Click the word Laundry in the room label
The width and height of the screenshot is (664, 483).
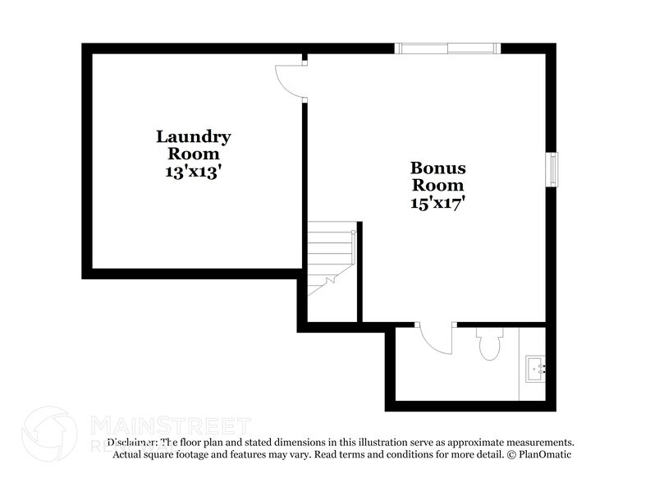pos(194,137)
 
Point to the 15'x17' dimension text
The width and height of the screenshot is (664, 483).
pos(437,203)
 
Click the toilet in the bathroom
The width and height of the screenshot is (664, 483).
pos(488,344)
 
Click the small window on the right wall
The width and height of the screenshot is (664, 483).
pos(553,169)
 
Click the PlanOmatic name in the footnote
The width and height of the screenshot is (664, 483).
pos(543,454)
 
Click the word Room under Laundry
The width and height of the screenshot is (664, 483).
pos(194,154)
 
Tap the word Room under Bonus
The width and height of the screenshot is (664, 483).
pos(437,186)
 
